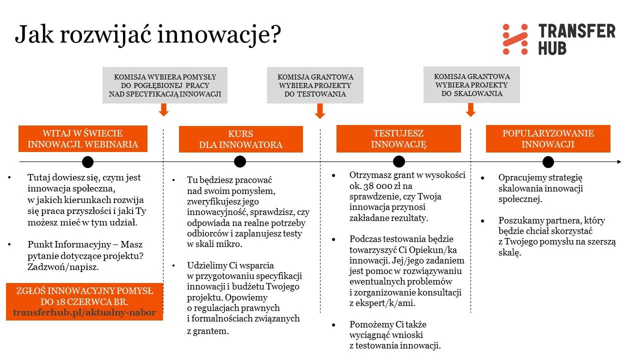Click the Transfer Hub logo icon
pos(515,39)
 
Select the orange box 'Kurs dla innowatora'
pos(241,139)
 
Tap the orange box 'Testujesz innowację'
pos(398,138)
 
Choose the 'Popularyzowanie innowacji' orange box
pos(548,138)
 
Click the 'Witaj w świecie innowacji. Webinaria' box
pos(83,138)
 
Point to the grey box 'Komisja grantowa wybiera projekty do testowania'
pos(315,85)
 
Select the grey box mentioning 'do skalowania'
pos(471,84)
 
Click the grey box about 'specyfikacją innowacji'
pos(165,85)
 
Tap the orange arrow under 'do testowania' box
pos(320,111)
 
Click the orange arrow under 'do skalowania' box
pos(470,109)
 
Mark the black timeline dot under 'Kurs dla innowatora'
pos(240,161)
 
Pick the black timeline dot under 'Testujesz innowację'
pos(399,161)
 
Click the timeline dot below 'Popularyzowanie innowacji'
pos(548,162)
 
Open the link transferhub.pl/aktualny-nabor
pos(84,312)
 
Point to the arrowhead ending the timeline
pos(619,161)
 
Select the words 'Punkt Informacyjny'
pos(69,244)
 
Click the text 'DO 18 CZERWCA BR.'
pos(84,301)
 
